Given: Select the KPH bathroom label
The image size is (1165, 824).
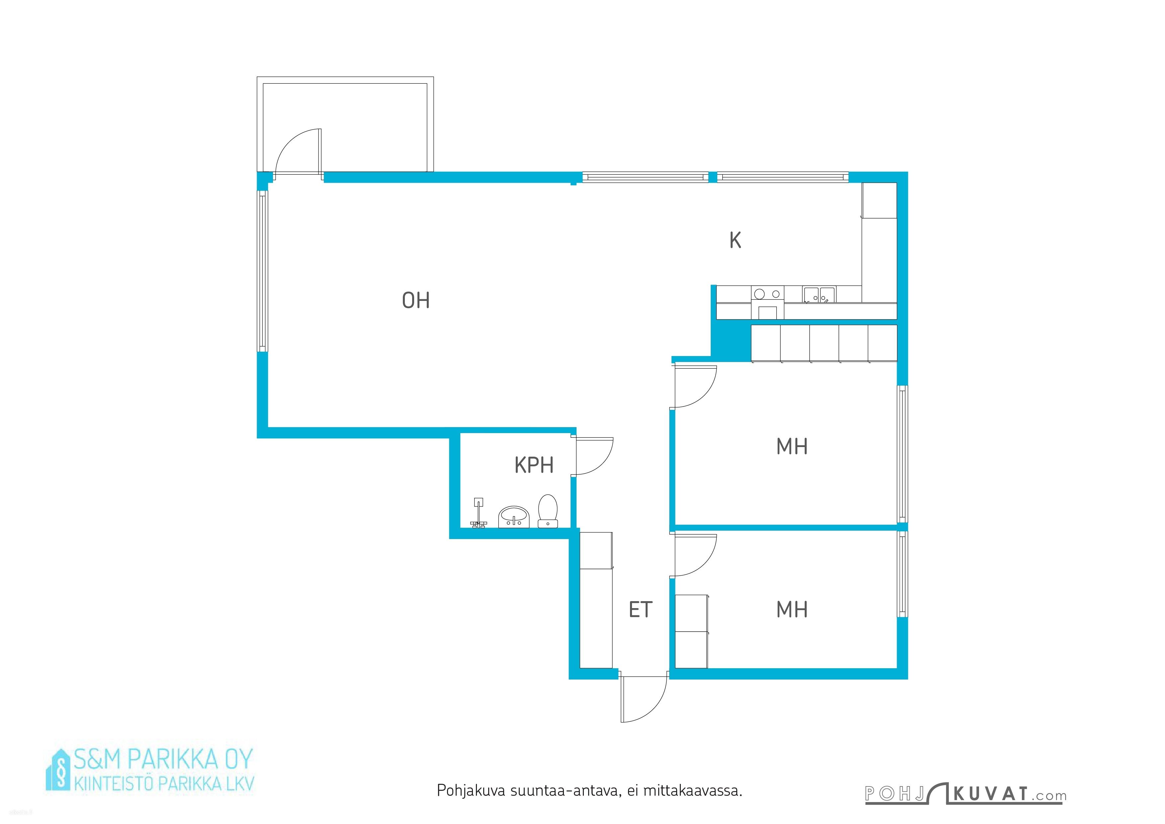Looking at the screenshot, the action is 534,465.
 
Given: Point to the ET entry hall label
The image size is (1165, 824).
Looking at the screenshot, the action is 640,609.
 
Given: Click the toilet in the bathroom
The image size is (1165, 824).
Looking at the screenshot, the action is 548,511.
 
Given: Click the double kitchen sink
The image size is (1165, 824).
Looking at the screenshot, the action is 819,295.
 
